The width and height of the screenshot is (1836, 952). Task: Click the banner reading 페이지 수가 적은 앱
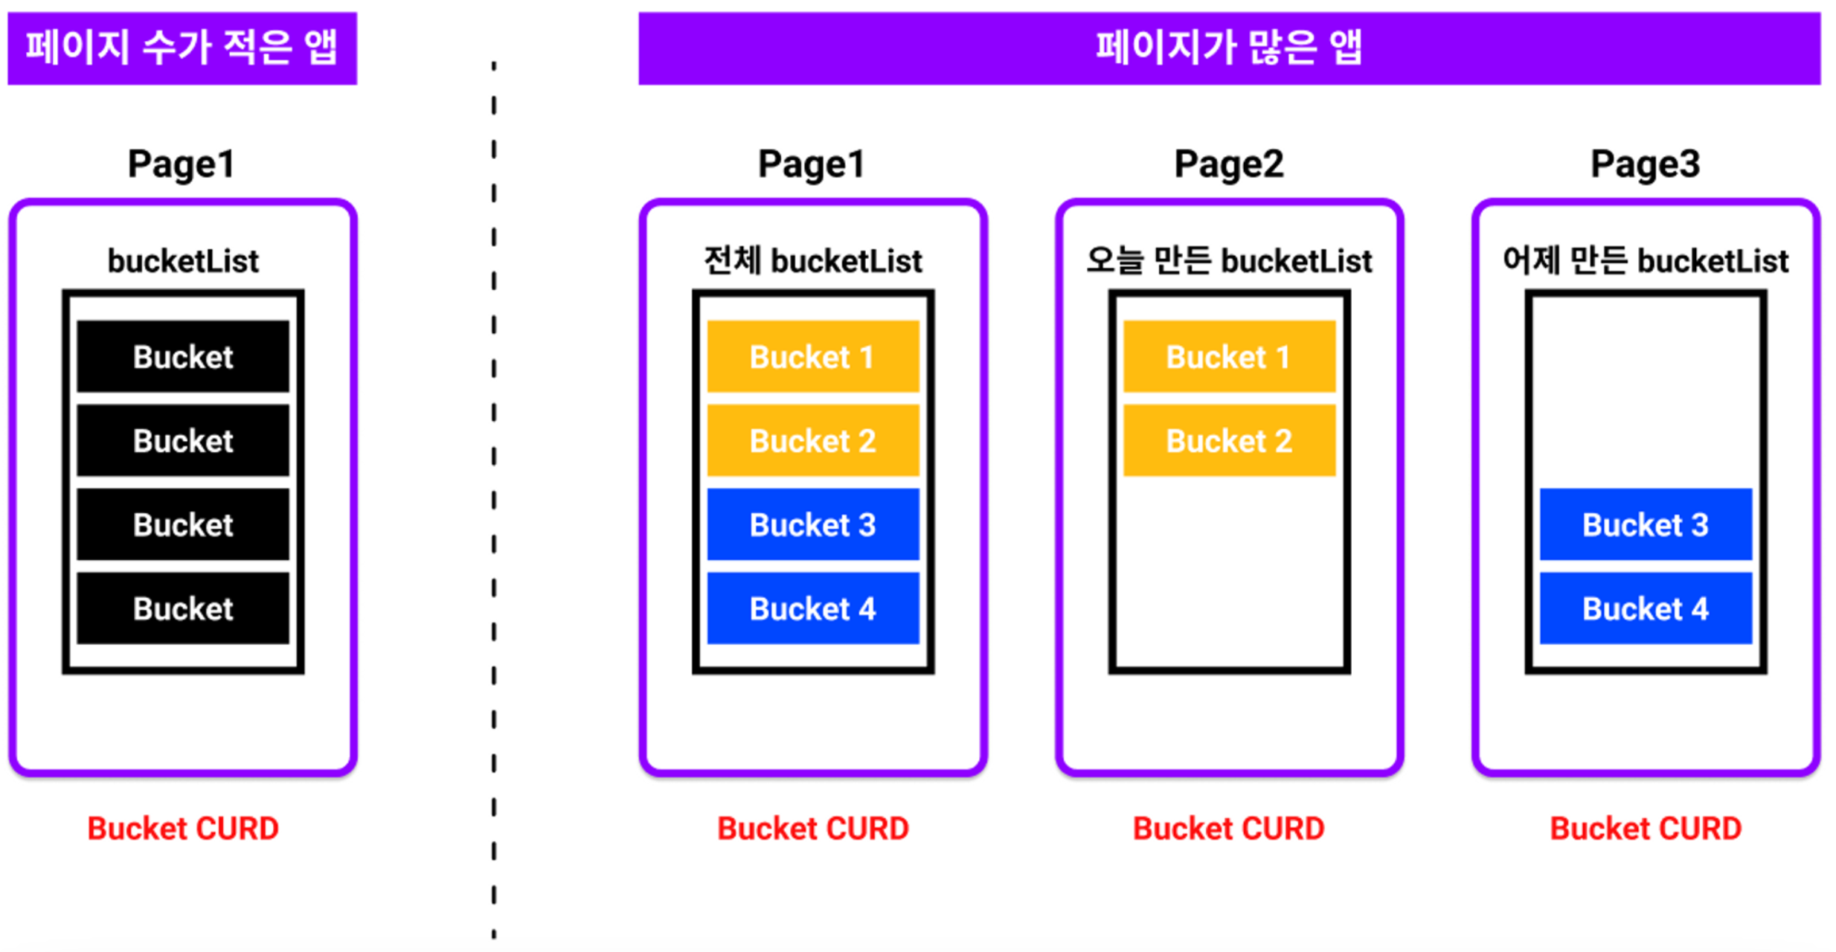click(182, 48)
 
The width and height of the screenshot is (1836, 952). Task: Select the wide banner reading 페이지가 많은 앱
click(1229, 48)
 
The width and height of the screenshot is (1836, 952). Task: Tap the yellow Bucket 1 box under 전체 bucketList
click(813, 357)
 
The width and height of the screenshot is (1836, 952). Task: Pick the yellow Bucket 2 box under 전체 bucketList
click(813, 441)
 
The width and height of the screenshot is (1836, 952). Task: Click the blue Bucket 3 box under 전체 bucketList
click(813, 524)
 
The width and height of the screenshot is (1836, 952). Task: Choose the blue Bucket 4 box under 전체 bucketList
click(813, 608)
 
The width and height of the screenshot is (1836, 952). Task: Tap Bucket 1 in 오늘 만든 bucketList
click(1229, 357)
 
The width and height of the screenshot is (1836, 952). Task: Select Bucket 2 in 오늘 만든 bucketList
click(1229, 441)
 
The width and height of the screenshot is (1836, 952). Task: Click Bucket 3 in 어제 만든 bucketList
click(1646, 524)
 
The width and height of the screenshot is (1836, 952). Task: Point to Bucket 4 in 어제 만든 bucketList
click(1646, 608)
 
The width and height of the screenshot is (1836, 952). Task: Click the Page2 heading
click(1229, 164)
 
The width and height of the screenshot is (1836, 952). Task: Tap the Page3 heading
click(1646, 164)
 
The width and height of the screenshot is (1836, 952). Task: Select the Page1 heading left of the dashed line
click(182, 164)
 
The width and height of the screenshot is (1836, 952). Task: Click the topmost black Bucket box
click(183, 357)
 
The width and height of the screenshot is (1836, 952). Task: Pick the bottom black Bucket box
click(183, 608)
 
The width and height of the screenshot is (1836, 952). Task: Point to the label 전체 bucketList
click(813, 261)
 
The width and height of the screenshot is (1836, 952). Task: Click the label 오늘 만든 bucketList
click(1229, 261)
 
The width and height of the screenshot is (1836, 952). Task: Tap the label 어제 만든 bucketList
click(1646, 261)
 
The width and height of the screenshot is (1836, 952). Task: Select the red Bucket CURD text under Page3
click(1646, 829)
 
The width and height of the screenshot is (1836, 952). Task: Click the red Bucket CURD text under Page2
click(1229, 829)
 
